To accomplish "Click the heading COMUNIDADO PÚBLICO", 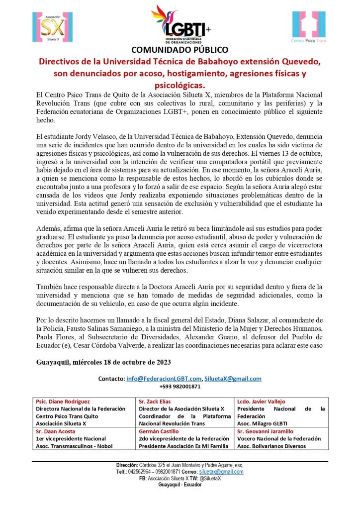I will coord(180,50).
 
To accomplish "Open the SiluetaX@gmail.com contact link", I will coord(233,378).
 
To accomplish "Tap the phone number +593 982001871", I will coord(180,386).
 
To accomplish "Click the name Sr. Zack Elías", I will coord(159,402).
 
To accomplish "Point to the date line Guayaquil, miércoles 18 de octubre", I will coord(104,361).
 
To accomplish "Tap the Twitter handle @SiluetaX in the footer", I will coord(211,478).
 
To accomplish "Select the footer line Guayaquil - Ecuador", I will coord(180,485).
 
